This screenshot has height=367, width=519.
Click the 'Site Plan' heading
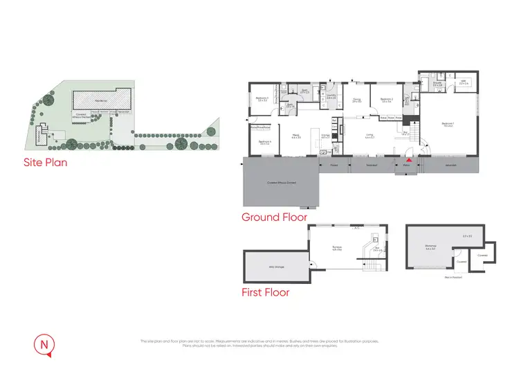point(45,164)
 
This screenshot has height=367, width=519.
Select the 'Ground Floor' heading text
point(274,217)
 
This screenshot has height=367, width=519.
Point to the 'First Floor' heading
point(265,292)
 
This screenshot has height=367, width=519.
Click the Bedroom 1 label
point(446,124)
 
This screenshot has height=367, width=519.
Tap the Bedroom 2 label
point(386,100)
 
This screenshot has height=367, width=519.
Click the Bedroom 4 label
point(264,143)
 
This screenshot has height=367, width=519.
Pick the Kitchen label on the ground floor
point(325,136)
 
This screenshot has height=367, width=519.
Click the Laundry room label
point(331,97)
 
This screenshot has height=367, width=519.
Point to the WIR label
point(464,82)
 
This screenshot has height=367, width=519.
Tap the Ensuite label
point(437,83)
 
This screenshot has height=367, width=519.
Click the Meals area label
point(295,136)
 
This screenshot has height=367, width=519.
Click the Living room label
point(370,136)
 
